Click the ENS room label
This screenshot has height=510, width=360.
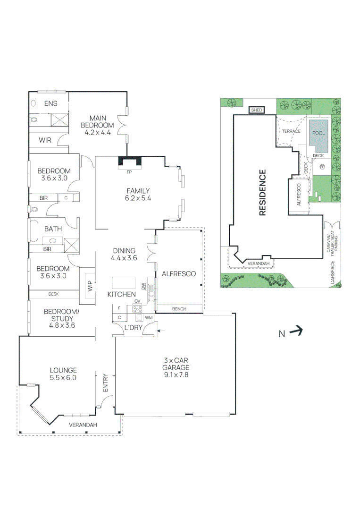tap(50, 103)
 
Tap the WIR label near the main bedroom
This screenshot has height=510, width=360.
tap(45, 140)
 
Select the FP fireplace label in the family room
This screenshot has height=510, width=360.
tap(129, 172)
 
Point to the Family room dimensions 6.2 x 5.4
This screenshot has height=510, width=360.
tap(138, 198)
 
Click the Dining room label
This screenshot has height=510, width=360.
tap(124, 251)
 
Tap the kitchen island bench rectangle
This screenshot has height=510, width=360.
tap(124, 283)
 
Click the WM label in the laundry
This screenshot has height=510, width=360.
tap(149, 317)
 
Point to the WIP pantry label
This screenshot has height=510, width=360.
tap(90, 286)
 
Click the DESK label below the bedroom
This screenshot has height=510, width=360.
tap(54, 294)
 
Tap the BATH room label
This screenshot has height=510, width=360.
tap(53, 229)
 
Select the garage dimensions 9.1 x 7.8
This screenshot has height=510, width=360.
tap(176, 374)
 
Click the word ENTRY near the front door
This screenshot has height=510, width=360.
tap(105, 383)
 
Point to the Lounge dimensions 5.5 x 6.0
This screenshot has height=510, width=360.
tap(63, 378)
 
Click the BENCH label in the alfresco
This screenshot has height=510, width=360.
tap(179, 309)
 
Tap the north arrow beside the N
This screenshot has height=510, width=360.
tap(296, 331)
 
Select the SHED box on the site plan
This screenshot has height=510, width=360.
tap(257, 110)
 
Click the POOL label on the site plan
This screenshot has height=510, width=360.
tap(318, 133)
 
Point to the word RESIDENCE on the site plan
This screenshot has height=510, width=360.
tap(262, 193)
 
